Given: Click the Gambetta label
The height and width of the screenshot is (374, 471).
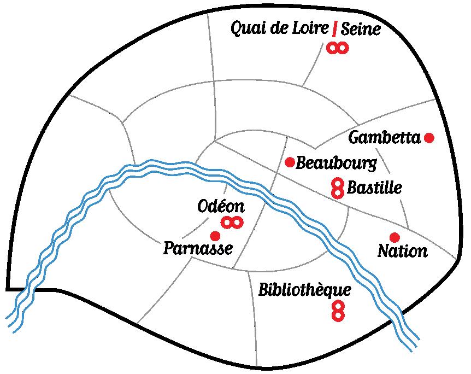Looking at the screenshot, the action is tap(385, 137).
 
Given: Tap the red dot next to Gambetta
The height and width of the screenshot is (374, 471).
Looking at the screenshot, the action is tap(429, 138).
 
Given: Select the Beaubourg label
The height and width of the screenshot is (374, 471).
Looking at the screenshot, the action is tap(337, 163).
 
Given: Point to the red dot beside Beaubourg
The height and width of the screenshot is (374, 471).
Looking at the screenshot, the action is tap(290, 162).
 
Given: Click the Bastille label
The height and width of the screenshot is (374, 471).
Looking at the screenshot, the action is tap(374, 188).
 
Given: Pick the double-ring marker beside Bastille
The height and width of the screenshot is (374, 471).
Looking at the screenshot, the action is tap(338, 188).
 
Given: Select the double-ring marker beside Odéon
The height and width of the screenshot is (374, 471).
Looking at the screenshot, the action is tap(232, 222).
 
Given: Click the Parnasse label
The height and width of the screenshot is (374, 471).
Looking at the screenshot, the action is tap(198, 249).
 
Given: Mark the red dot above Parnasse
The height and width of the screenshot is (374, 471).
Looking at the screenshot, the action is tap(215, 236).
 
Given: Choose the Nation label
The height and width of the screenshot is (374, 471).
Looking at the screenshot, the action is tap(403, 252).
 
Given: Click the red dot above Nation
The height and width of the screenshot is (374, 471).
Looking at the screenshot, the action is tap(395, 237).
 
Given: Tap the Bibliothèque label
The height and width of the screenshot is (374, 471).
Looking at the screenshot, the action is tap(304, 289).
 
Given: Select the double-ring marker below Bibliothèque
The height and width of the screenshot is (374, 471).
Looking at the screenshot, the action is tap(338, 311).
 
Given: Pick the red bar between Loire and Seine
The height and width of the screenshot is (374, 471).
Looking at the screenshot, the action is tap(334, 29).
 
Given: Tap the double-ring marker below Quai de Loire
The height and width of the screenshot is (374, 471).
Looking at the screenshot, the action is tap(337, 48).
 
